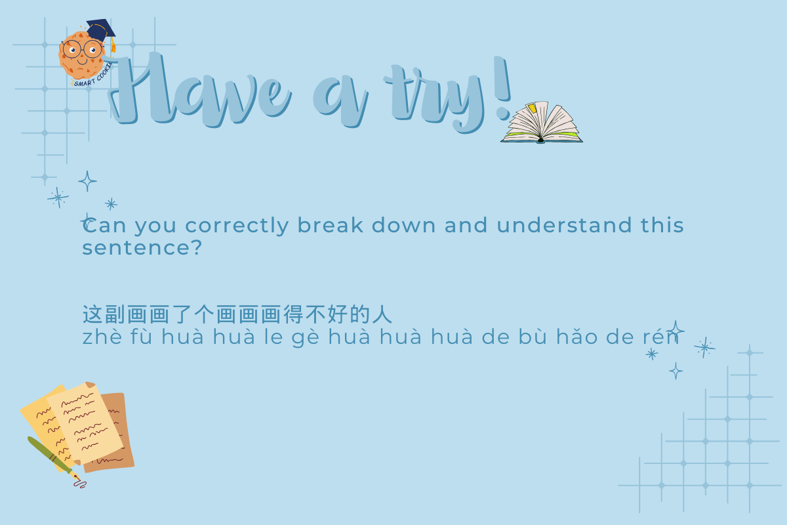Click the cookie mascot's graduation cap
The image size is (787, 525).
tap(100, 30)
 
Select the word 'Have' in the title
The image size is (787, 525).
tap(200, 90)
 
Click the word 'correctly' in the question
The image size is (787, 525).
tap(237, 225)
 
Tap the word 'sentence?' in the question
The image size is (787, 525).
tap(142, 247)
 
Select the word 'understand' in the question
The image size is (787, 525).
tap(564, 225)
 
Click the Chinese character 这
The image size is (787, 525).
tap(92, 314)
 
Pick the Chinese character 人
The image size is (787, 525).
tap(382, 314)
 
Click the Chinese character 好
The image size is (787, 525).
tap(337, 314)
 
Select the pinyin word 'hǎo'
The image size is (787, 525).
tap(577, 337)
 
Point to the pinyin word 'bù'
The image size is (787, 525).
tap(533, 337)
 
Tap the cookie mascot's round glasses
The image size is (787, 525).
tap(83, 49)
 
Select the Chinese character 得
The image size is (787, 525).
tap(293, 314)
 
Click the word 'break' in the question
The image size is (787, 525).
tap(331, 225)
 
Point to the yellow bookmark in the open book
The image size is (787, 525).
tap(533, 108)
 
